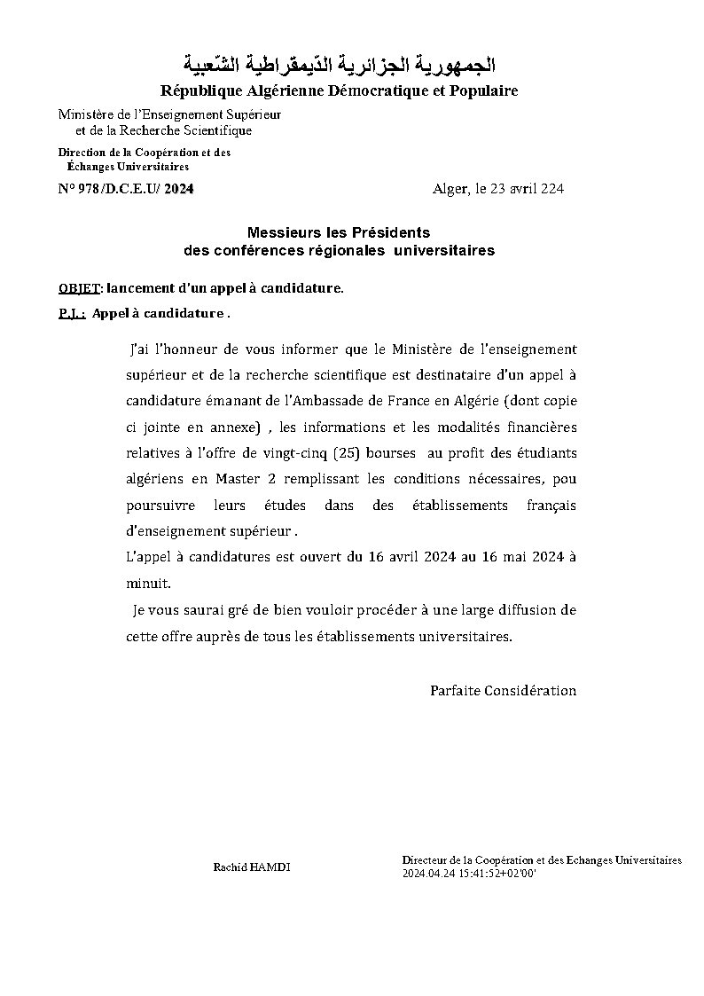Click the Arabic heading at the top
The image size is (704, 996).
(339, 66)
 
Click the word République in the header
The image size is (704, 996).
(199, 91)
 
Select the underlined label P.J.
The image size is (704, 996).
(71, 314)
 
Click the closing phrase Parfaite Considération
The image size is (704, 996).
(503, 690)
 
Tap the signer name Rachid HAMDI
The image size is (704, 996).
(251, 867)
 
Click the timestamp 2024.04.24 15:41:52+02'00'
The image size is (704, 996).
(469, 874)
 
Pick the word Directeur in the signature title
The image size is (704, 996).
(425, 860)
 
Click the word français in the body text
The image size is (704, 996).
(551, 506)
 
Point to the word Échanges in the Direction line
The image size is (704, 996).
(90, 167)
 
